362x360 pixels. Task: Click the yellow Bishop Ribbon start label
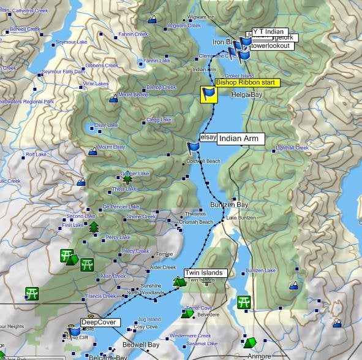point(247,82)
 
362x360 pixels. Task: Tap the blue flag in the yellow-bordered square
point(209,94)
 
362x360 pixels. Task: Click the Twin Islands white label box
point(205,273)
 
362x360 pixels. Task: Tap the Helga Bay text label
point(247,95)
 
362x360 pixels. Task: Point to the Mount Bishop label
point(133,95)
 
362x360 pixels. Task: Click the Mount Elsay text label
point(111,147)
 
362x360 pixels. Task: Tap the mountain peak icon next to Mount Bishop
point(113,98)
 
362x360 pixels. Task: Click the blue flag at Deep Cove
point(75,332)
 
